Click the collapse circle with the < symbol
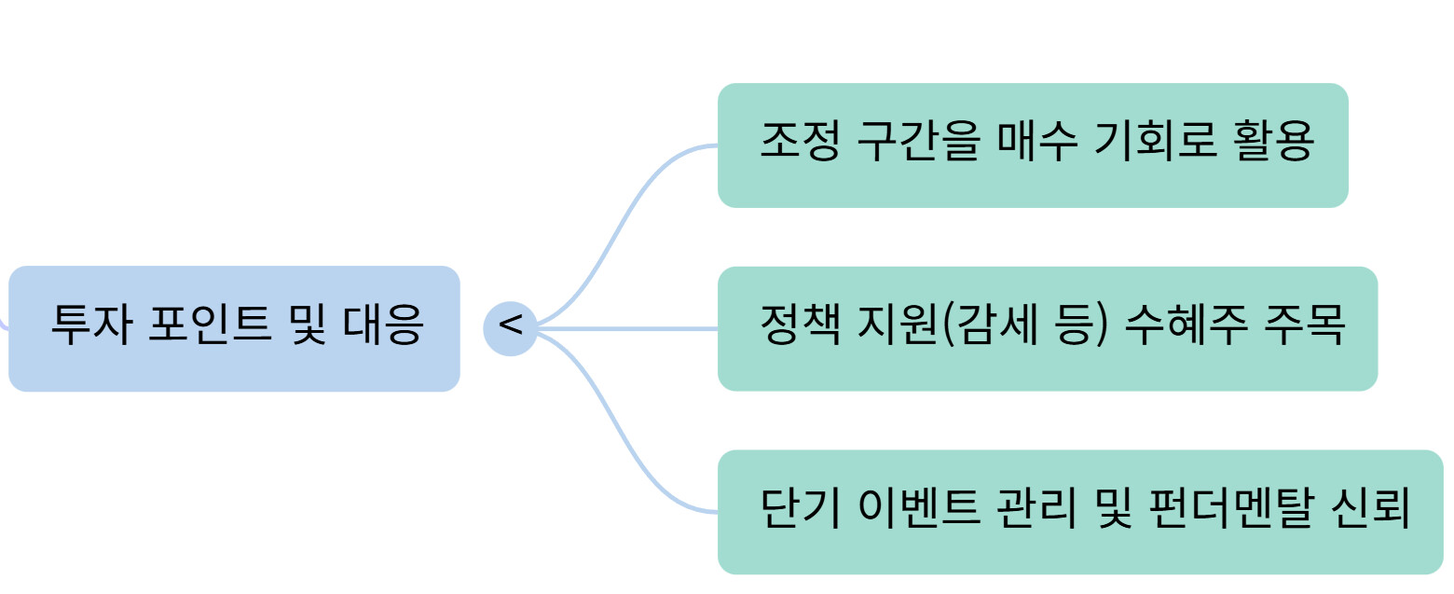(x=510, y=328)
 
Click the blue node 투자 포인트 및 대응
(x=234, y=328)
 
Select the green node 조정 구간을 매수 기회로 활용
(x=1033, y=145)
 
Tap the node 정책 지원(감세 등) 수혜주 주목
(x=1047, y=328)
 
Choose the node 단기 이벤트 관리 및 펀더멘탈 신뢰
(x=1079, y=512)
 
